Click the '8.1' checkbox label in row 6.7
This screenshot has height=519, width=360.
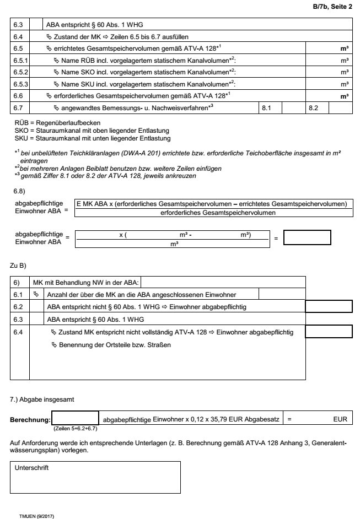click(x=267, y=107)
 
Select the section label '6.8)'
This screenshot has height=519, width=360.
click(x=20, y=191)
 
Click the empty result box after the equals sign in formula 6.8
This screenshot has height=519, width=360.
click(x=307, y=237)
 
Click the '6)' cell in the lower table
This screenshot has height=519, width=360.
click(x=17, y=282)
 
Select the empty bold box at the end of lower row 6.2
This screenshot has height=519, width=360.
click(x=329, y=307)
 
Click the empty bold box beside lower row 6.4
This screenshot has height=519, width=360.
click(x=329, y=332)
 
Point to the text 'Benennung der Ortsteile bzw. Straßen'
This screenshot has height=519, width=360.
click(x=111, y=345)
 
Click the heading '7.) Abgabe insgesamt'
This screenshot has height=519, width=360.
click(x=41, y=398)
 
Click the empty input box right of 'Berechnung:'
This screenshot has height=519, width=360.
click(x=75, y=418)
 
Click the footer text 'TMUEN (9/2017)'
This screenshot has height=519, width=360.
click(x=36, y=516)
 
